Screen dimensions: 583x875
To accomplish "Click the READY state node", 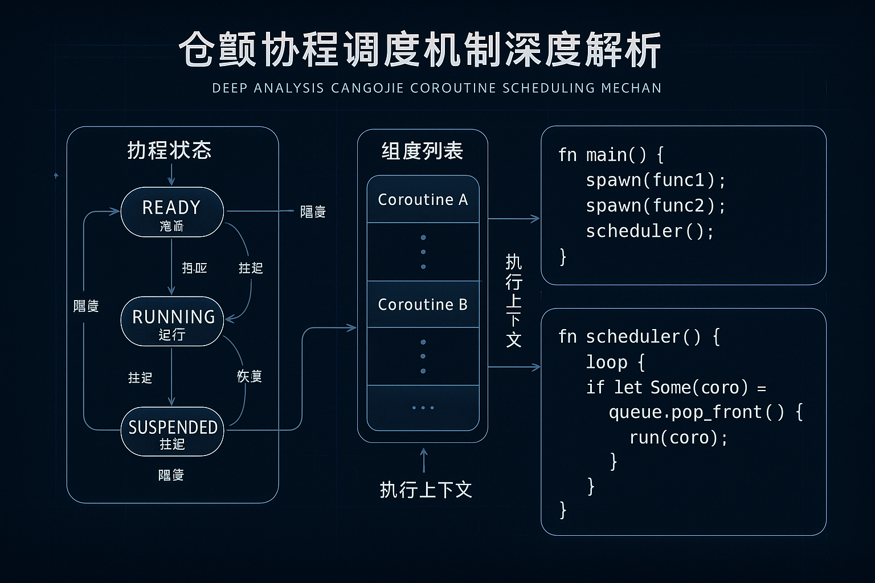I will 171,211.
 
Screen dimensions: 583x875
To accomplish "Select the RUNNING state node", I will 171,321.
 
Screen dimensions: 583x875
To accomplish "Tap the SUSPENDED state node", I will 172,431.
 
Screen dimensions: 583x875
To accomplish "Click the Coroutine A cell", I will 423,200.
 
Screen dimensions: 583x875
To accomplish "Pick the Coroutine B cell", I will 423,305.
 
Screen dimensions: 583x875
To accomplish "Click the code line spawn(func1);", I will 655,180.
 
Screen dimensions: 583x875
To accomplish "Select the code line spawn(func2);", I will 655,206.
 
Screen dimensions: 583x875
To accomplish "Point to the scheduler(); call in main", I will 649,231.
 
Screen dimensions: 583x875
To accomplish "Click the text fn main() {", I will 611,155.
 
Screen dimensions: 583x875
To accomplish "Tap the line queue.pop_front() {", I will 705,412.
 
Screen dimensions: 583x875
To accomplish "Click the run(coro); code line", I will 678,438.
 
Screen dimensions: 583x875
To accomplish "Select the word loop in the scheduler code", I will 607,362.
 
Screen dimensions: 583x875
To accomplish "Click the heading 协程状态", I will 169,150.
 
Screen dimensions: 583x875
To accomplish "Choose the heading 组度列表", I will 422,151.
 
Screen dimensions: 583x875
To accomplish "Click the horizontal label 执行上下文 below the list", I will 426,490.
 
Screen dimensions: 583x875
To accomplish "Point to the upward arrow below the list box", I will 423,460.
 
